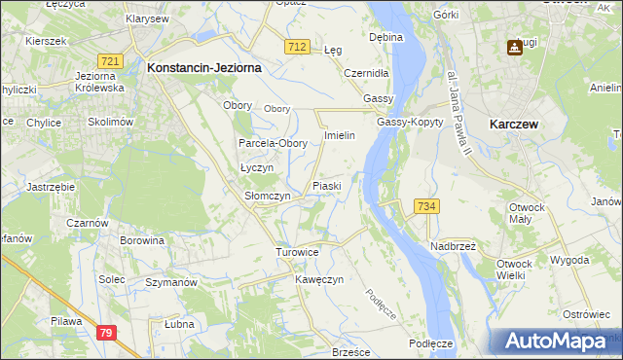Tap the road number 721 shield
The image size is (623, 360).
[111, 61]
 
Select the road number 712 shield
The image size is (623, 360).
[299, 47]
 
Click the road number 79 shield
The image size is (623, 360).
[108, 333]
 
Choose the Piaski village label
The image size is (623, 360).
[326, 185]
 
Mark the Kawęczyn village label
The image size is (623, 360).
[320, 279]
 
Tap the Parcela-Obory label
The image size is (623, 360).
[274, 143]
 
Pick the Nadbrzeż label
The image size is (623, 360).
[453, 246]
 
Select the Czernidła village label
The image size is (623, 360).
[367, 72]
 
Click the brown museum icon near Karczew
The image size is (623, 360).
[513, 48]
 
